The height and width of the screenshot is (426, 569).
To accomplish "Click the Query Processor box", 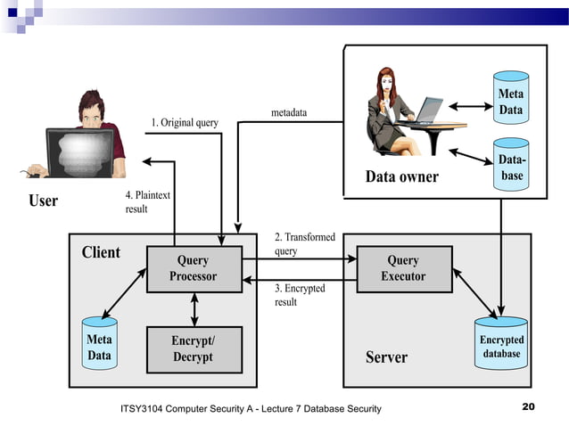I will tap(194, 268).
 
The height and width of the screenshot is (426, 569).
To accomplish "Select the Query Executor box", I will tap(403, 268).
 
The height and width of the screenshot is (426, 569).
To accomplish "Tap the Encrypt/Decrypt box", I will tap(194, 348).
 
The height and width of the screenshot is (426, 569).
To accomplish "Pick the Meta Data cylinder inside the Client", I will tap(100, 346).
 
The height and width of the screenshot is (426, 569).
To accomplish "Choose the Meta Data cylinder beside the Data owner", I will tap(510, 100).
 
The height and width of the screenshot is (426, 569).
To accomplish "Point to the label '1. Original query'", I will tap(185, 122).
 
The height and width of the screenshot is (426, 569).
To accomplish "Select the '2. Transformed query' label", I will tap(304, 244).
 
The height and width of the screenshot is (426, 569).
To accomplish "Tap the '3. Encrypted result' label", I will tap(300, 295).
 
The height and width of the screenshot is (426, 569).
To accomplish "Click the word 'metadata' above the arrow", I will tap(289, 113).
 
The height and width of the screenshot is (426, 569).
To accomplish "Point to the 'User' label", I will tap(43, 201).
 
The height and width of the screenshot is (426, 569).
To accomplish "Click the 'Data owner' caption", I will tap(402, 176).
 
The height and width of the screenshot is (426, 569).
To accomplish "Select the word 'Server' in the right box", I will tap(386, 357).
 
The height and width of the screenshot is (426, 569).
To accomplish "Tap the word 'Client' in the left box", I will tap(101, 252).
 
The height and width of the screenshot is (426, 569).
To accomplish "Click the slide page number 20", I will tap(528, 407).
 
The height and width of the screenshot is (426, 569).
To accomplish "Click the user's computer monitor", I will tap(79, 153).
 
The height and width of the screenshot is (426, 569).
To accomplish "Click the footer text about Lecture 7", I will tap(250, 408).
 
